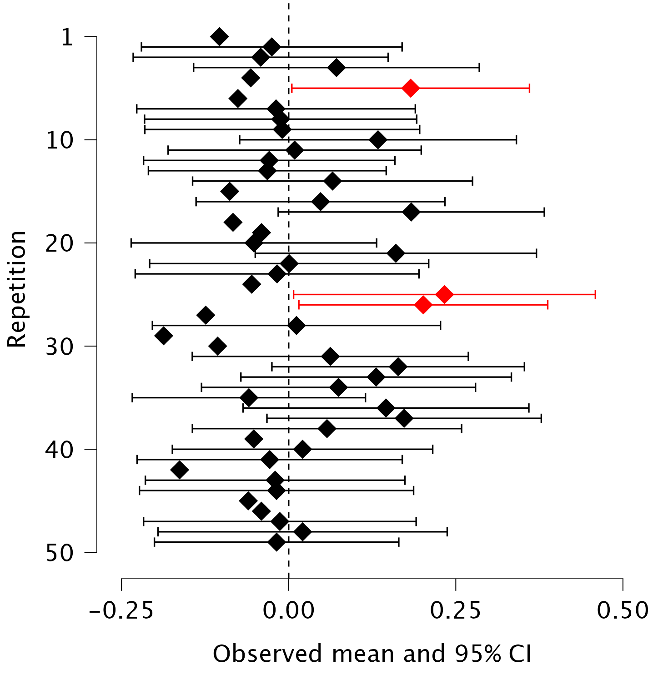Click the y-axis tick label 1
pos(67,37)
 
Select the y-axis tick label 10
pos(60,140)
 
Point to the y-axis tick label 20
pos(60,243)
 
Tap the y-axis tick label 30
pos(60,347)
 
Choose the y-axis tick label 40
pos(60,450)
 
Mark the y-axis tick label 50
pos(60,553)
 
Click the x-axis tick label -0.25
pos(121,610)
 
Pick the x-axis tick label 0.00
pos(288,610)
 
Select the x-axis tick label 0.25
pos(456,610)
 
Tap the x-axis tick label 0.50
pos(622,610)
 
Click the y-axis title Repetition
pos(17,289)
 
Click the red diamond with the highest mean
pos(444,295)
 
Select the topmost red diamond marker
pos(410,88)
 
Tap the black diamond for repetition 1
pos(220,36)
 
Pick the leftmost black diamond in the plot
pos(164,336)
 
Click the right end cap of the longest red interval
pos(595,295)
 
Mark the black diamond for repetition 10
pos(378,140)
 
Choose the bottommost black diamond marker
pos(277,542)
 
